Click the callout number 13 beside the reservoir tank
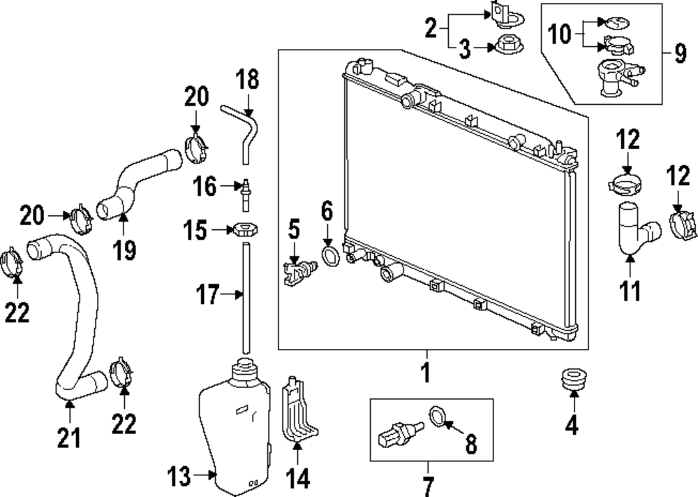click(179, 477)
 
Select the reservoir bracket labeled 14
click(299, 412)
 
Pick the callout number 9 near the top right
click(680, 54)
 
